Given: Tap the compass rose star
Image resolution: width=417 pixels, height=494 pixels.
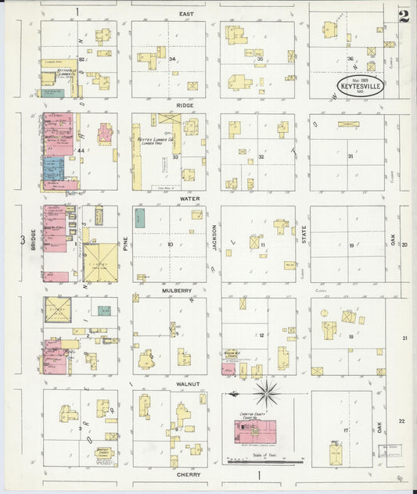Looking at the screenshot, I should [268, 392].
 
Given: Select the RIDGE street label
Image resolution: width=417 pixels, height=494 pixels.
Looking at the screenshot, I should [185, 105].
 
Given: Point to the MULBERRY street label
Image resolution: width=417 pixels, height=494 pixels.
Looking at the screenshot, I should [178, 290].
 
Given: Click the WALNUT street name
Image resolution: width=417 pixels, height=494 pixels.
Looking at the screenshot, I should [188, 384].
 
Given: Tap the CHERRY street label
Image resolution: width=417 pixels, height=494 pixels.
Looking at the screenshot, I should [188, 474].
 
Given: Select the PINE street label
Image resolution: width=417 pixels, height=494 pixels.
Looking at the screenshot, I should [124, 244].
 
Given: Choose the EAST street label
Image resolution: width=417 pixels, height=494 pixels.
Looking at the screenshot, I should [186, 13].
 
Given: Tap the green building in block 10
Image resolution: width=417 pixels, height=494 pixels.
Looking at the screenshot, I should [140, 219].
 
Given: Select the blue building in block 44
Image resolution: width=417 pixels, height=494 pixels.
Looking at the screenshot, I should [52, 168].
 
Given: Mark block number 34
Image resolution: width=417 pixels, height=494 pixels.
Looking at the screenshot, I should [171, 59].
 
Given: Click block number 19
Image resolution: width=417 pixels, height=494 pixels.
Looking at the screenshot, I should [352, 245].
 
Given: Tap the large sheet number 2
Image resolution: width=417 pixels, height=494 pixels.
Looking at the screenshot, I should [404, 16].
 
